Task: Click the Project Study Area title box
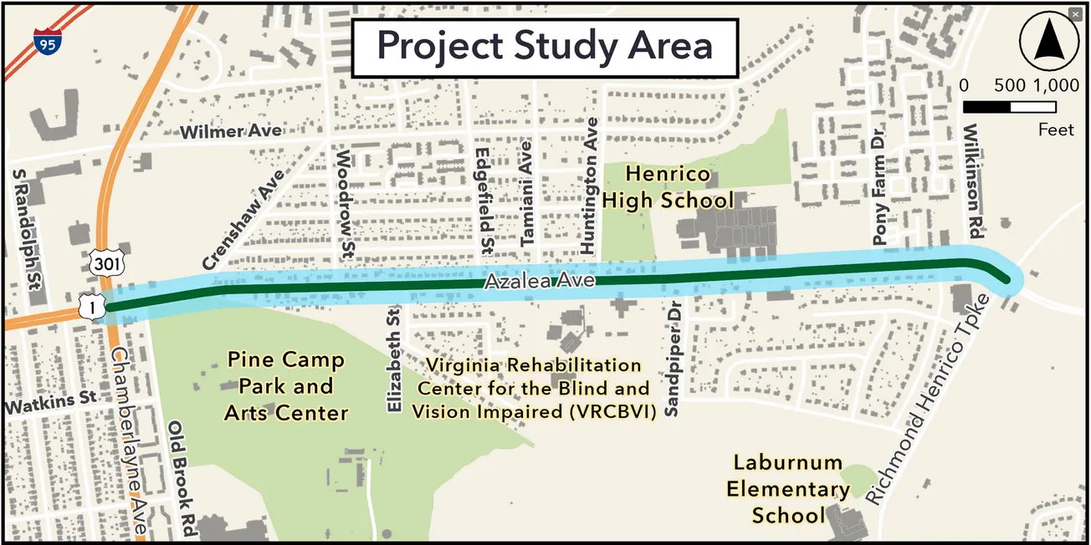pyautogui.click(x=545, y=46)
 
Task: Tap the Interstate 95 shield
pyautogui.click(x=46, y=41)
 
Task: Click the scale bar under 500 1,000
pyautogui.click(x=1009, y=107)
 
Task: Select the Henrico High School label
pyautogui.click(x=668, y=188)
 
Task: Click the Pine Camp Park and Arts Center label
pyautogui.click(x=285, y=386)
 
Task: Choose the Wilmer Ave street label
pyautogui.click(x=231, y=132)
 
